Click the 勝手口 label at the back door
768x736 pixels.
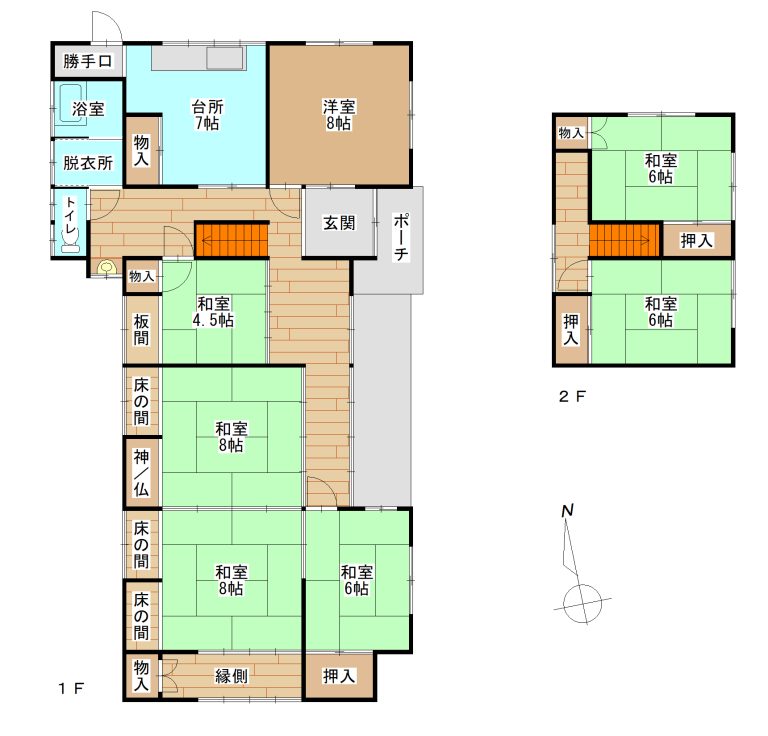point(88,61)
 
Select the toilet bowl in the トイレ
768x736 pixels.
point(71,240)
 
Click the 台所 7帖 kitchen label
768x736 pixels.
point(207,115)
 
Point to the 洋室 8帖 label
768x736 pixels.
point(339,115)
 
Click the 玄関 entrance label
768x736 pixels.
point(339,223)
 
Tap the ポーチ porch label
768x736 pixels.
point(401,237)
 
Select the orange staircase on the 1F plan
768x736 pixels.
point(232,240)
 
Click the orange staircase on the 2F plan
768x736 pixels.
point(625,240)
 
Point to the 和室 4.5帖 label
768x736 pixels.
point(214,312)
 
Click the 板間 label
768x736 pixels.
point(141,330)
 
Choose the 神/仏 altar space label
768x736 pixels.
point(141,473)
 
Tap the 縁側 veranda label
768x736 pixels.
point(232,676)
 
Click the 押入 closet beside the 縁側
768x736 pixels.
point(339,676)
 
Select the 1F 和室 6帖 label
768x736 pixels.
point(357,580)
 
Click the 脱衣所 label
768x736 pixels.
point(88,163)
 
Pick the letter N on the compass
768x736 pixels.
point(567,511)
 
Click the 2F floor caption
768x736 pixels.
point(572,396)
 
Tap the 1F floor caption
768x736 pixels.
point(71,689)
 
